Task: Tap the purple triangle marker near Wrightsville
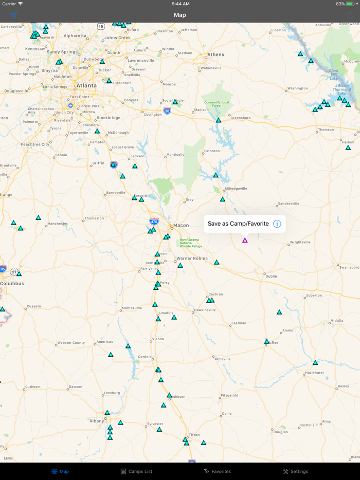(245, 240)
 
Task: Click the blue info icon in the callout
(277, 224)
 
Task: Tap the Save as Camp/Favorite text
(238, 224)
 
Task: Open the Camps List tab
(136, 471)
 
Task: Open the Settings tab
(295, 471)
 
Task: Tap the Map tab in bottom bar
(60, 471)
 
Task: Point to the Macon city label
(181, 225)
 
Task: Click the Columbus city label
(12, 283)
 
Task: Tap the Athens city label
(216, 54)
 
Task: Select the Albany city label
(97, 421)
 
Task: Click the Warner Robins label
(192, 258)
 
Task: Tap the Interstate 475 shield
(154, 221)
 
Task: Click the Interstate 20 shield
(167, 110)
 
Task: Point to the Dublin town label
(271, 276)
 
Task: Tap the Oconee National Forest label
(217, 104)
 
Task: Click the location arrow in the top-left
(14, 15)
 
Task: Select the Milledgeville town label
(236, 189)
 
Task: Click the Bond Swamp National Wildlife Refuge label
(191, 243)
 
